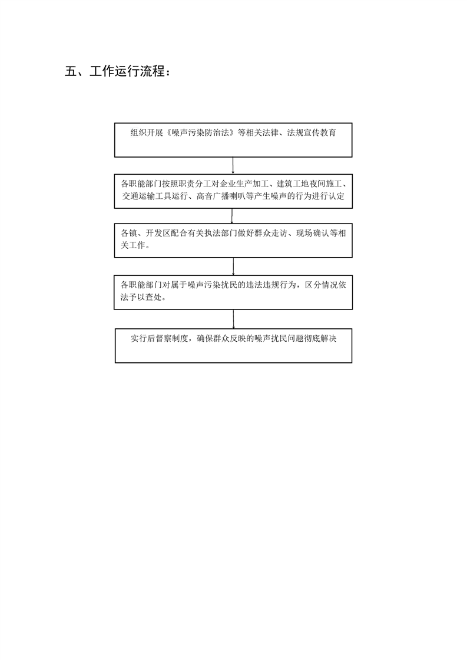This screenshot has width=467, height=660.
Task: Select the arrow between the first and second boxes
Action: (233, 165)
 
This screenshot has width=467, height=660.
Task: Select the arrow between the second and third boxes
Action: (232, 215)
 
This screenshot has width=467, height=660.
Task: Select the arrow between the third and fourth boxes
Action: (233, 266)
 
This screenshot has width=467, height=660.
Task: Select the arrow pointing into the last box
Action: (233, 319)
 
